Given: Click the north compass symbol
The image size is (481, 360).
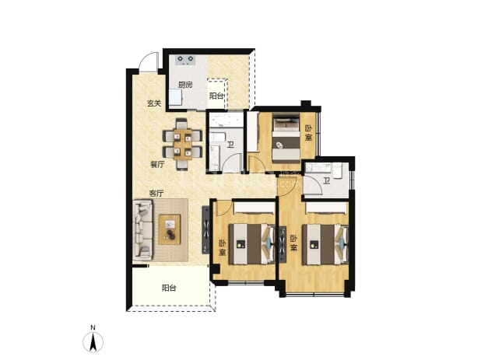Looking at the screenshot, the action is [x=93, y=342].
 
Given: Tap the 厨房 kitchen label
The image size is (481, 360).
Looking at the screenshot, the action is [x=185, y=85].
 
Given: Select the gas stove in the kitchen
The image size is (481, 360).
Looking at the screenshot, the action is [x=185, y=60].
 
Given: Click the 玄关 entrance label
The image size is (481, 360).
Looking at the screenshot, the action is [x=153, y=103].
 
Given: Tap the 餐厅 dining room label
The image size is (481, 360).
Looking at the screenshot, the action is [x=157, y=165].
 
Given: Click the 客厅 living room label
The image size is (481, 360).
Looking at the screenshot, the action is [x=156, y=194].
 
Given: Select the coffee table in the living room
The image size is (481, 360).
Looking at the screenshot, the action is [x=170, y=229].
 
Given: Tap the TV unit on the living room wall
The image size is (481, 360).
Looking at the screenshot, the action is [x=205, y=230].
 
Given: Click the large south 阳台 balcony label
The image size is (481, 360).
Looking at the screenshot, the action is [x=169, y=288].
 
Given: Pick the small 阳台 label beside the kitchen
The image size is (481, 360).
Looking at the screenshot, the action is [x=216, y=96].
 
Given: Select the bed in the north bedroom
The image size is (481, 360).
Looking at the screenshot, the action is [x=286, y=138].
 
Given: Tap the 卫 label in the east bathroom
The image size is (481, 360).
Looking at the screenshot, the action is [x=326, y=181].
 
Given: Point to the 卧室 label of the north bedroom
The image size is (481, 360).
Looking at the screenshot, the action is [x=308, y=133].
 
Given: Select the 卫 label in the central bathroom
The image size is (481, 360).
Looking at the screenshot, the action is [x=230, y=145].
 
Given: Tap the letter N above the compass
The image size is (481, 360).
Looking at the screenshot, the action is [x=93, y=327].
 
